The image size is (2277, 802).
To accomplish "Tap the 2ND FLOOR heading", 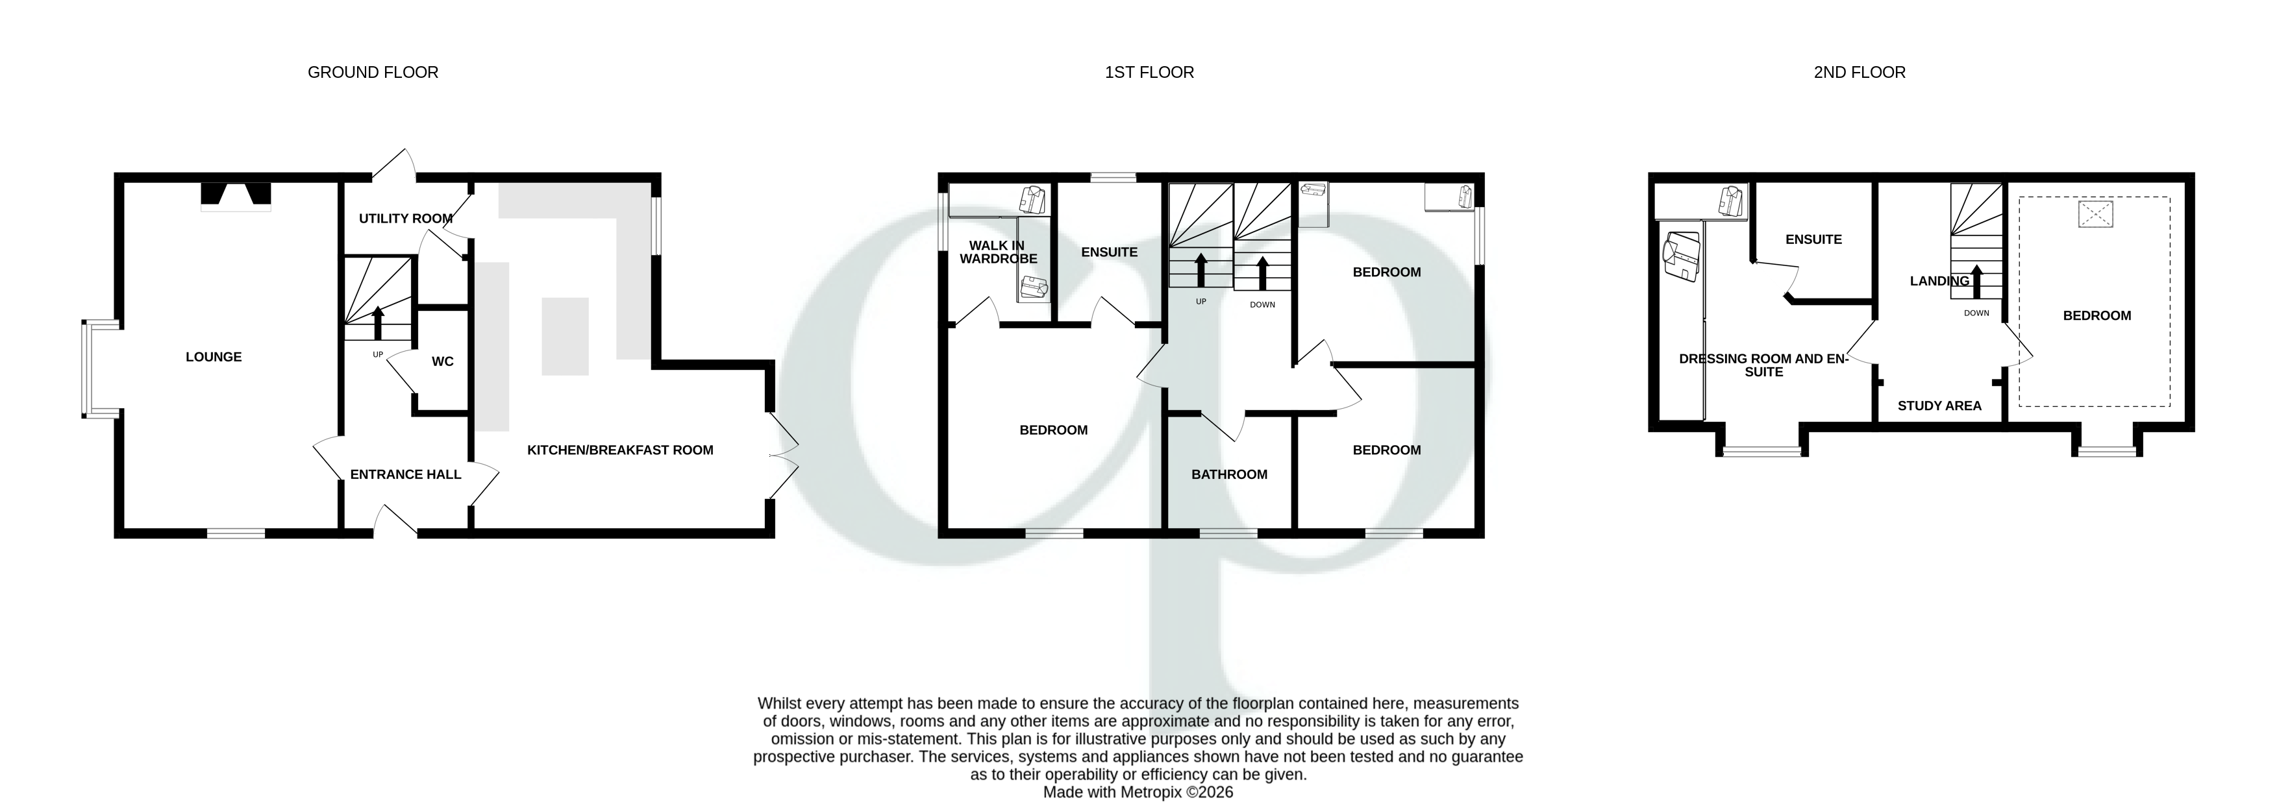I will [1859, 73].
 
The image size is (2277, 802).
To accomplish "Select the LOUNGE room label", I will [213, 357].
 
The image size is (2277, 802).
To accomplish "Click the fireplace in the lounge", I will [235, 195].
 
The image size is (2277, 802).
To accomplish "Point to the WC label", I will [442, 361].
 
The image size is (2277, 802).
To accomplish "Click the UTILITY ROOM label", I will [405, 218].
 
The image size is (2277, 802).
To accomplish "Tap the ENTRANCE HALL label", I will [405, 474].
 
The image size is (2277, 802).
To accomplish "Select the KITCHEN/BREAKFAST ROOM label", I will [619, 450].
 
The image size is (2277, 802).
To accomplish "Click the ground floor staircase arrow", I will [379, 322].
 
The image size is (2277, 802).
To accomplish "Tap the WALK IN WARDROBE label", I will [998, 252].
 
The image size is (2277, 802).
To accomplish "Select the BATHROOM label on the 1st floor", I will [1228, 474].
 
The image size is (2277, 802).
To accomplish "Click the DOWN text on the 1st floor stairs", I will [1262, 305].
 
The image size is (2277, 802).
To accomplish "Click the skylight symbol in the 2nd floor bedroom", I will [2095, 215].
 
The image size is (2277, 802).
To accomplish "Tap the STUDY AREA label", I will [1939, 406].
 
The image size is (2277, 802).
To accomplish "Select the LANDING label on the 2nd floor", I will [1939, 281].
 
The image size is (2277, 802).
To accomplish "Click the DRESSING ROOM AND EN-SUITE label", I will [1763, 365].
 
